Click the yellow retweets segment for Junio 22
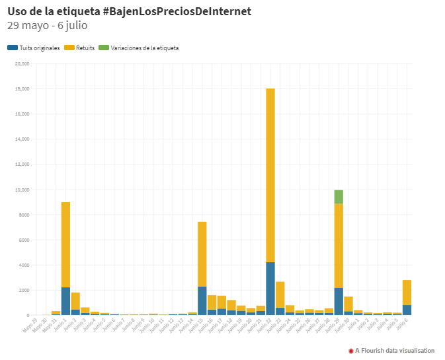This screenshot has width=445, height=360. click(270, 175)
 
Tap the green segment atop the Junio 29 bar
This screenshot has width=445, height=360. click(339, 196)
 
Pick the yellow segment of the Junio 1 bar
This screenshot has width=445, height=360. click(65, 244)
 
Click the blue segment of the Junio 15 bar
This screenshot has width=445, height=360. click(202, 301)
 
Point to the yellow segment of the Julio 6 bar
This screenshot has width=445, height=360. click(407, 292)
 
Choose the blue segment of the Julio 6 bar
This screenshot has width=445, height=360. click(407, 310)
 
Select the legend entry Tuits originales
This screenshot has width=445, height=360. click(34, 48)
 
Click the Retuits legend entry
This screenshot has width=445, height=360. click(80, 48)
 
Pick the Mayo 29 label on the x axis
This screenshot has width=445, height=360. click(30, 324)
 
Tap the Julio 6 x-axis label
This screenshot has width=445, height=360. click(402, 324)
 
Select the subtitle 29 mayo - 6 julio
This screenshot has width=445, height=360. click(47, 26)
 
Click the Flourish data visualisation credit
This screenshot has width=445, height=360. click(392, 351)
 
